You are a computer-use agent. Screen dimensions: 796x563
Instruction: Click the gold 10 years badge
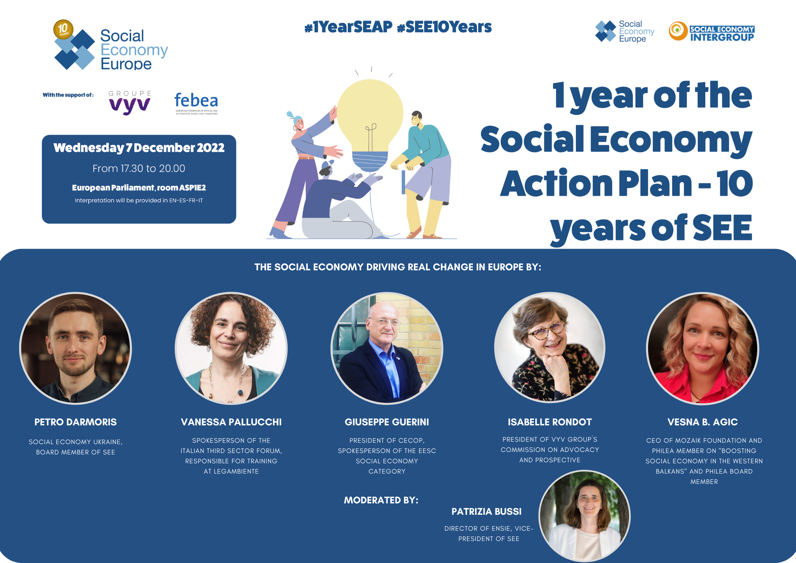pos(63,29)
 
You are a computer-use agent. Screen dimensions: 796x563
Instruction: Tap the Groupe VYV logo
pos(130,103)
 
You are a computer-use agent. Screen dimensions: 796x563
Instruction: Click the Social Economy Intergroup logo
pos(712,32)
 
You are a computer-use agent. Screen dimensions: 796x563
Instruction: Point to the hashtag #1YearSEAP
pos(348,27)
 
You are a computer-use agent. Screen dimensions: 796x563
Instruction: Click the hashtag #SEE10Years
pos(444,27)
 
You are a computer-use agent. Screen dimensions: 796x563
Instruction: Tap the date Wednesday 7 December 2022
pos(139,148)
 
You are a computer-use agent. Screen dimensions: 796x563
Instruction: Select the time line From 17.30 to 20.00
pos(139,168)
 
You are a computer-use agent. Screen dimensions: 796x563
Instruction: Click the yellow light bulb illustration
pos(370,124)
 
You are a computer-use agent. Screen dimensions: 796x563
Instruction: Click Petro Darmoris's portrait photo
pos(76,348)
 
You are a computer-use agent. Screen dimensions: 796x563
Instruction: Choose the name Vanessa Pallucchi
pos(231,422)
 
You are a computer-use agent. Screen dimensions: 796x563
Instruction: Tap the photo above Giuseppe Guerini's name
pos(387,348)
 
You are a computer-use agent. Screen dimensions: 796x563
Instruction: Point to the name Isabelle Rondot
pos(550,422)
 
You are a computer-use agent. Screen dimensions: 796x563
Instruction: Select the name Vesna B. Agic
pos(703,422)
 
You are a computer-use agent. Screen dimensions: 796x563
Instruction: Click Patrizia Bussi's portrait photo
pos(585,516)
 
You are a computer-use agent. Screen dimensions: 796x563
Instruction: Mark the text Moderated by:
pos(381,500)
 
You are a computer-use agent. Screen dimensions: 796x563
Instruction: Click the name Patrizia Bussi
pos(486,512)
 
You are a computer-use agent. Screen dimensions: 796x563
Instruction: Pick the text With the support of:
pos(68,95)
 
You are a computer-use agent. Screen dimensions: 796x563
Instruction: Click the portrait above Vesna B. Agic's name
pos(703,348)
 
